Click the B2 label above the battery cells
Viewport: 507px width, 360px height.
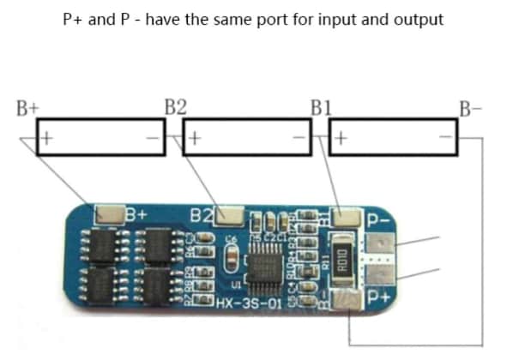click(x=176, y=108)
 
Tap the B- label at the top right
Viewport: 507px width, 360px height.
click(x=470, y=108)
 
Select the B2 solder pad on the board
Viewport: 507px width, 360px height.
click(x=229, y=213)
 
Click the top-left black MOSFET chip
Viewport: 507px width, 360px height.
click(x=104, y=245)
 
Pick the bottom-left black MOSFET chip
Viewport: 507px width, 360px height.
click(x=104, y=282)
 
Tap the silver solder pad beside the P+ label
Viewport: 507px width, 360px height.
click(x=352, y=299)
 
